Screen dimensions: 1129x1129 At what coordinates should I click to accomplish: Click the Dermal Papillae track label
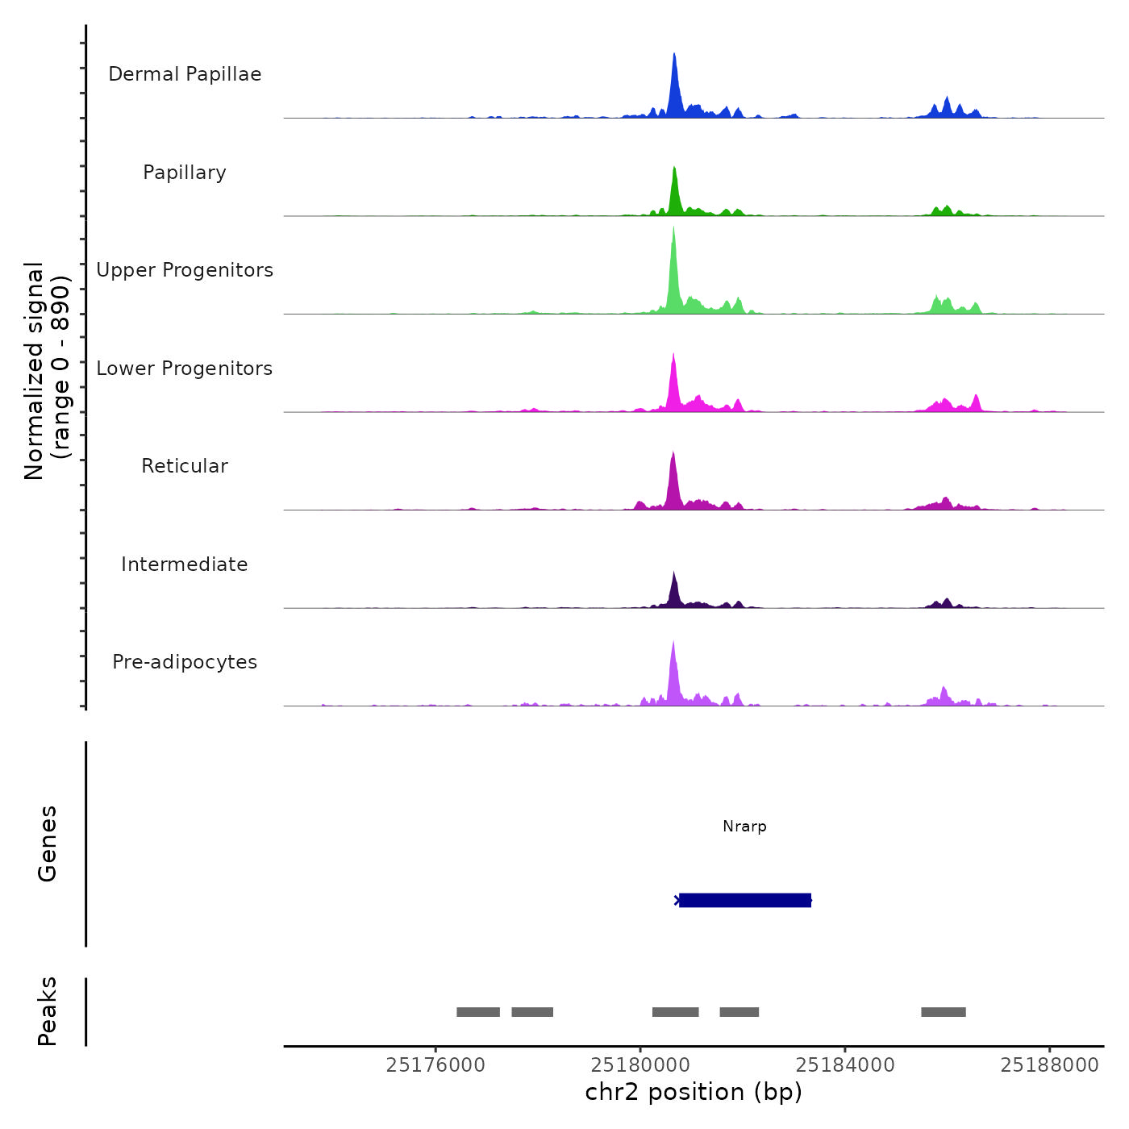tap(185, 74)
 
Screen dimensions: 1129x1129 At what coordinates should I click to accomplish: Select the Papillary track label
tap(185, 173)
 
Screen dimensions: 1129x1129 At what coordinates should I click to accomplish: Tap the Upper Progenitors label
tap(185, 270)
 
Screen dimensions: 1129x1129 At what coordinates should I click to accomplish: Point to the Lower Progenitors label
tap(185, 369)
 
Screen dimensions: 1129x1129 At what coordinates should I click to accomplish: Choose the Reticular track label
tap(185, 466)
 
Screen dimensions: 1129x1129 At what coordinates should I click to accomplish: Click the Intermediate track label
tap(185, 564)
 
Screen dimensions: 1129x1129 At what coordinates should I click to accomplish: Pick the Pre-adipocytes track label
tap(185, 662)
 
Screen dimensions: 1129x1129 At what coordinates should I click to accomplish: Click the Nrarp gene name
tap(744, 827)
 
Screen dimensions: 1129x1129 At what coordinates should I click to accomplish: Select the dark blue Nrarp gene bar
tap(744, 900)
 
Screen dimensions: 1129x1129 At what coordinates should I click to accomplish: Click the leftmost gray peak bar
tap(478, 1012)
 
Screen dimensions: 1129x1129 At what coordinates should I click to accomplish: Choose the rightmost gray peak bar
tap(944, 1012)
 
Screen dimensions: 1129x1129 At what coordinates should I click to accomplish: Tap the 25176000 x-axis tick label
tap(435, 1065)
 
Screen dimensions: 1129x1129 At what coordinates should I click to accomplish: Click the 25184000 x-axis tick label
tap(845, 1065)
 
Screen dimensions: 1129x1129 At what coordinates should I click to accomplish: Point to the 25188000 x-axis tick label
tap(1049, 1065)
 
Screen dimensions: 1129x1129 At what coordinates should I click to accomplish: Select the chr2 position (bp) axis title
tap(694, 1092)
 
